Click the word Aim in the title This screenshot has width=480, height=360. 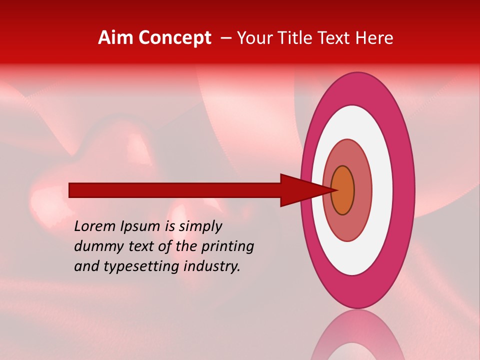115,38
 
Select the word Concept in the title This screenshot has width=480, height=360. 174,38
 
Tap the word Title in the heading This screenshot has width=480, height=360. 295,38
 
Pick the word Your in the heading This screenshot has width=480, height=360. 254,38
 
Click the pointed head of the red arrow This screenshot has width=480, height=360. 305,190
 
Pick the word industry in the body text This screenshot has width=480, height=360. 212,266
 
